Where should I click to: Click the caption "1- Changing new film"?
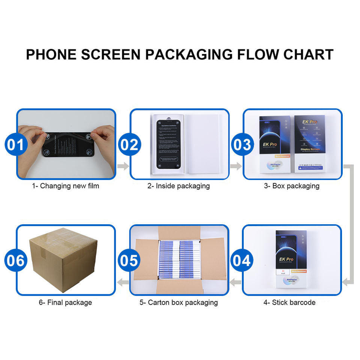click(x=65, y=186)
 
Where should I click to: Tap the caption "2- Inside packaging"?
click(x=178, y=186)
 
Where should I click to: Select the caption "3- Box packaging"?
click(x=292, y=186)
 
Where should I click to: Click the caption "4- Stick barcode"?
click(x=289, y=302)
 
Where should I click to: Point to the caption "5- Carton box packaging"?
click(x=178, y=302)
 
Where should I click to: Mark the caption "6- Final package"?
click(x=65, y=302)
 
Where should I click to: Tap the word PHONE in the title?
click(x=51, y=54)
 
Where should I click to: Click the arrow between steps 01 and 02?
click(x=123, y=166)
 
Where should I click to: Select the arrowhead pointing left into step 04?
click(x=346, y=282)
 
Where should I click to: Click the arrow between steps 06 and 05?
click(x=123, y=282)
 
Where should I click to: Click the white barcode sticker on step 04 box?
click(x=283, y=272)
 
